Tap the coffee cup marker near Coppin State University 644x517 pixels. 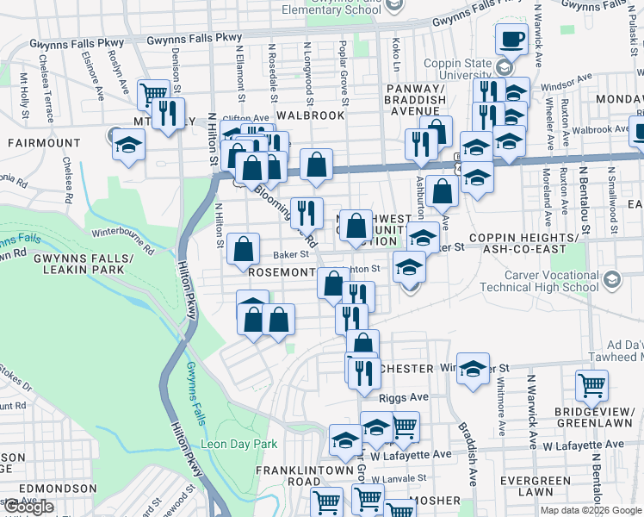pos(513,39)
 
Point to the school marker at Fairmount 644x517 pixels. pos(127,144)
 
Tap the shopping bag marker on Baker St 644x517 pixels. pos(244,249)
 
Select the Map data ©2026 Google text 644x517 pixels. pos(590,510)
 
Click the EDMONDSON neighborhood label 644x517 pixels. pos(59,489)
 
